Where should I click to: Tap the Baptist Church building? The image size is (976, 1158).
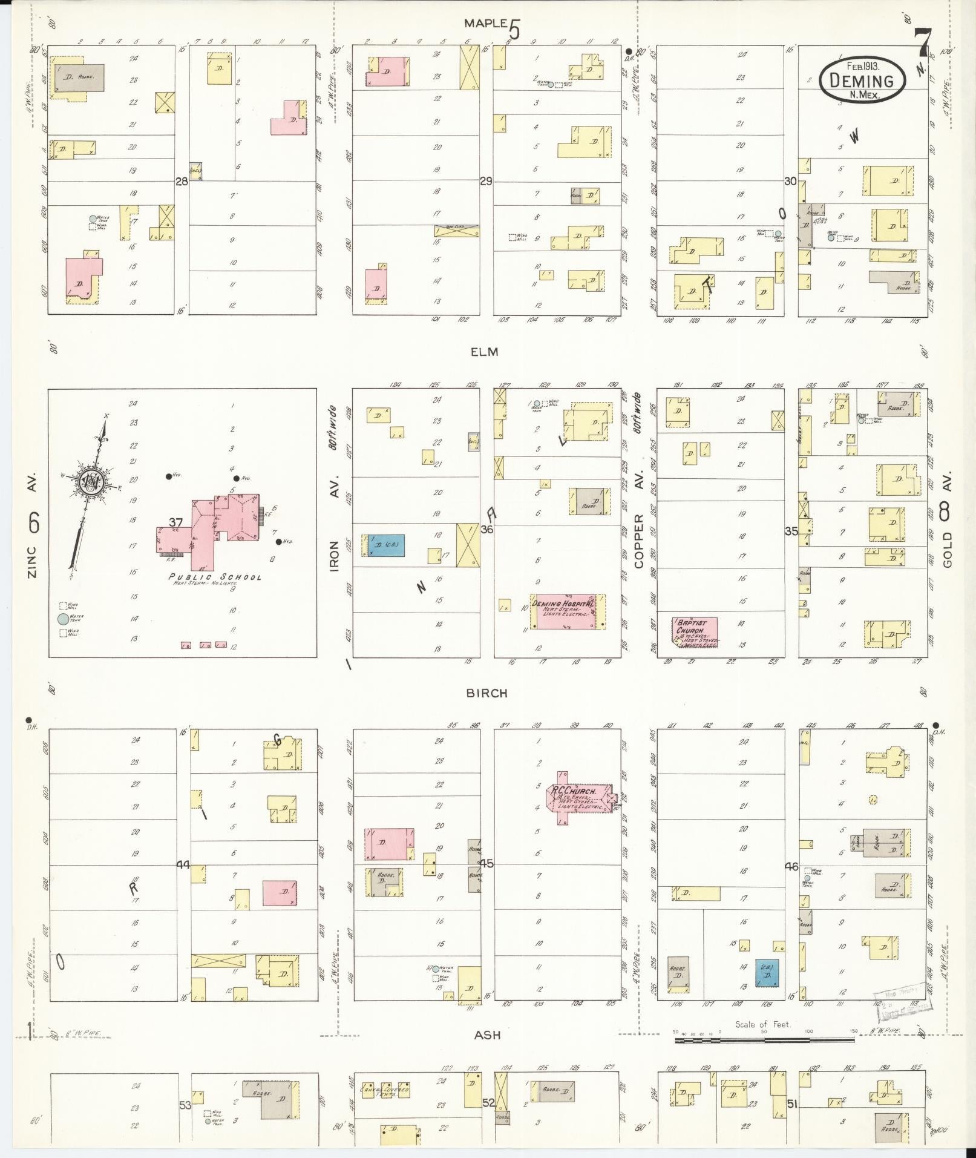pyautogui.click(x=695, y=633)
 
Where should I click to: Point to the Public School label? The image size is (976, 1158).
pyautogui.click(x=215, y=577)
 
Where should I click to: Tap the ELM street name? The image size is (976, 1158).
pyautogui.click(x=485, y=352)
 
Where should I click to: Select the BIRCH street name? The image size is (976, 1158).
pyautogui.click(x=486, y=693)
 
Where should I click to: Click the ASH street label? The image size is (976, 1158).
pyautogui.click(x=488, y=1035)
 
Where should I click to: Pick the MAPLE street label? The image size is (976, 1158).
pyautogui.click(x=485, y=24)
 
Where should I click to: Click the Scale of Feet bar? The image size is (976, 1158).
pyautogui.click(x=764, y=1040)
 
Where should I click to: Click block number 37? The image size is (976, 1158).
pyautogui.click(x=175, y=522)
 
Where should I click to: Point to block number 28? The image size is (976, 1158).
pyautogui.click(x=181, y=180)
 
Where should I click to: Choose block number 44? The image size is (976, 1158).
pyautogui.click(x=183, y=865)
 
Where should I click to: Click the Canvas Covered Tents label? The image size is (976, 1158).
pyautogui.click(x=385, y=1091)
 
